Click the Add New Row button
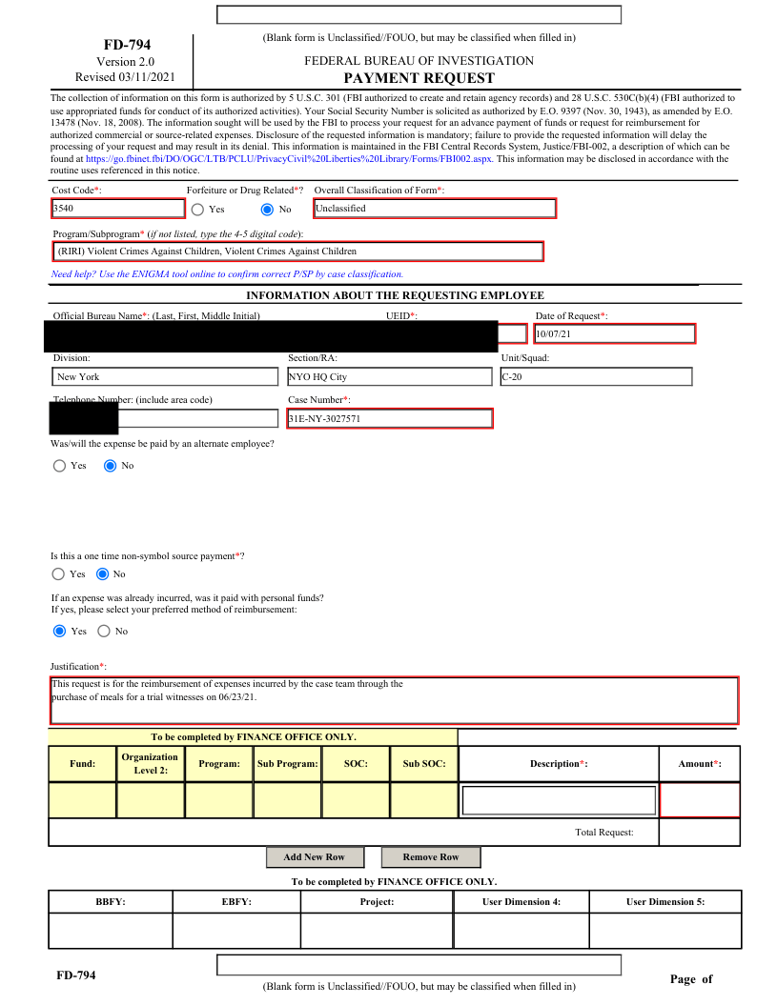tap(314, 857)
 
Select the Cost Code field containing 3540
tap(118, 209)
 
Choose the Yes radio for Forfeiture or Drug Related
tap(197, 210)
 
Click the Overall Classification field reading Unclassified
tap(434, 209)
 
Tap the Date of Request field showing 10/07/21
tap(614, 334)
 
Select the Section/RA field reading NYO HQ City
tap(389, 377)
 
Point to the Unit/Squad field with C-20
tap(596, 377)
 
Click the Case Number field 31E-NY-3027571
tap(389, 418)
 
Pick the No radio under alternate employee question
tap(110, 466)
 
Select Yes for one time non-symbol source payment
tap(59, 574)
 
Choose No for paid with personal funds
tap(104, 632)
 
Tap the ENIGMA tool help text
tap(227, 274)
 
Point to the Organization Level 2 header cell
tap(151, 764)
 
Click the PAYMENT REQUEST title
tap(419, 78)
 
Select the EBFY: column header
tap(236, 902)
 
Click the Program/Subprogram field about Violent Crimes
tap(298, 251)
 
